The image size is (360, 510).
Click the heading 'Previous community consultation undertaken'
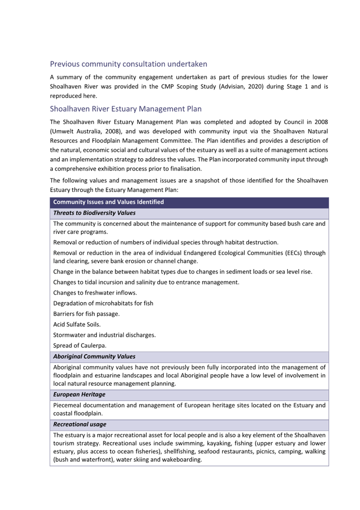click(x=128, y=64)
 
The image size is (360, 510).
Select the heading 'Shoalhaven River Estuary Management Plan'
click(x=126, y=109)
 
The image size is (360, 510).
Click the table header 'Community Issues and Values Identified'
click(x=109, y=202)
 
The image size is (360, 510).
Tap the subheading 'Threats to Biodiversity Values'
click(x=94, y=213)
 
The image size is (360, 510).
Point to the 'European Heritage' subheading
click(x=79, y=395)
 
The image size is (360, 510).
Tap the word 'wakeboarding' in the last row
click(x=181, y=460)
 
